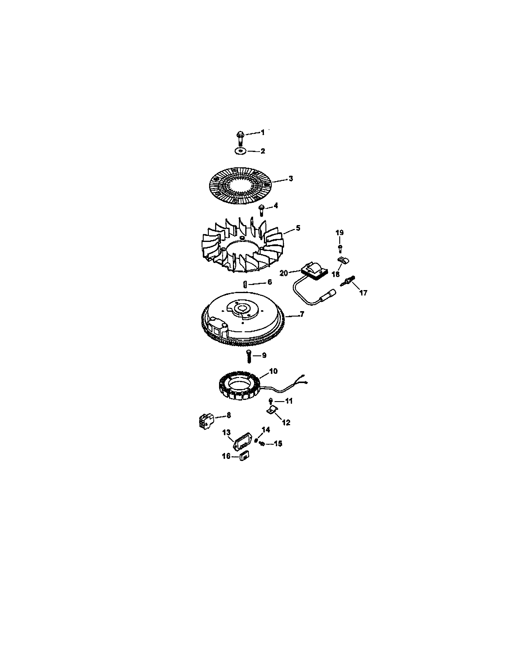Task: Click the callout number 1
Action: pos(263,132)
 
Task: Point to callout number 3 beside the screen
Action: pos(290,178)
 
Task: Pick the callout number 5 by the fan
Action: pos(298,228)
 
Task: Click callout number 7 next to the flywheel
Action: pos(302,314)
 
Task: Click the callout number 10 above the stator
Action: pos(273,371)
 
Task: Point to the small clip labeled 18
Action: pos(342,259)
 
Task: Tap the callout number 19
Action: pos(339,233)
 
